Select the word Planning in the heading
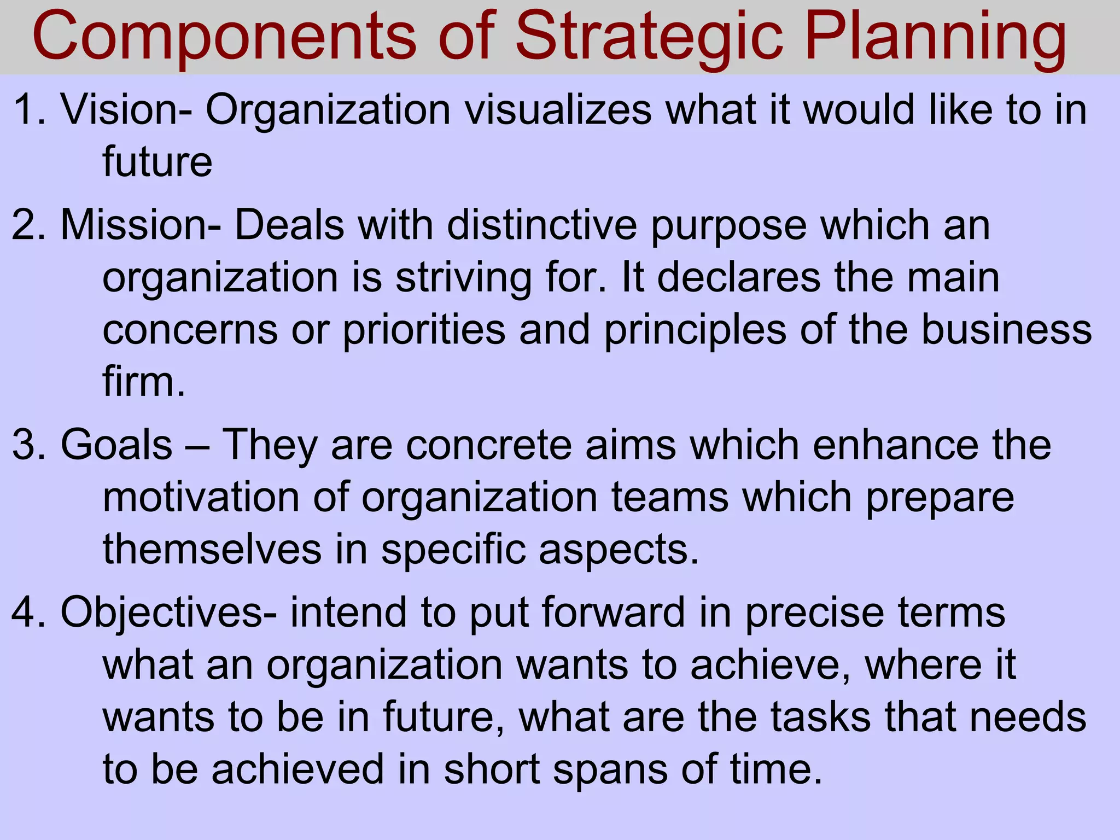[x=935, y=37]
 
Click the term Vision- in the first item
[x=126, y=109]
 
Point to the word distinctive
[x=542, y=225]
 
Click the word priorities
[x=424, y=330]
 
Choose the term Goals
[x=116, y=445]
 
